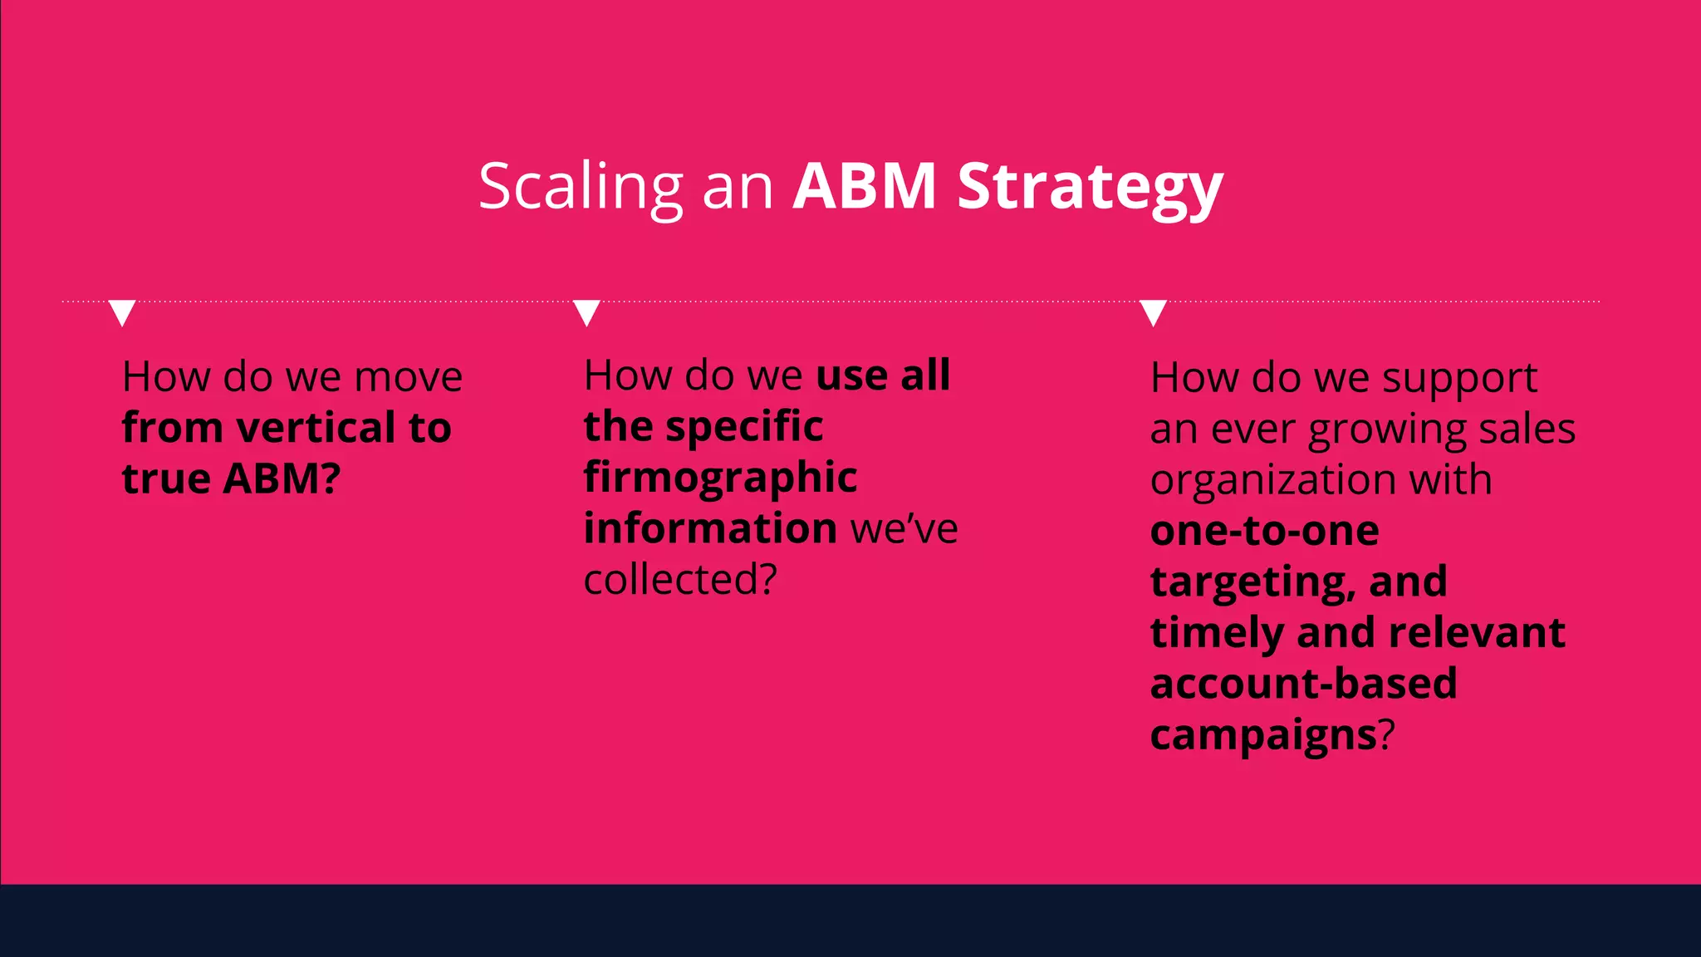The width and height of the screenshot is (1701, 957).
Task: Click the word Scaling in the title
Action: (581, 188)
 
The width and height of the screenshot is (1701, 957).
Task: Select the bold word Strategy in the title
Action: (1090, 188)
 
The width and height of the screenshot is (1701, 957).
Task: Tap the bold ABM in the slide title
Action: (865, 186)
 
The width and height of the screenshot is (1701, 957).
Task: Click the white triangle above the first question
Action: (122, 312)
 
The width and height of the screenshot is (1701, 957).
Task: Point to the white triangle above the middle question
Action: (586, 312)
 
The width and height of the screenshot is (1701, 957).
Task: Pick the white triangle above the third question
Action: (1153, 312)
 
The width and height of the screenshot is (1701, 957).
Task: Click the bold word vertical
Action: (316, 428)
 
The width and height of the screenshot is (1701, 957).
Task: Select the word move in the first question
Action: (408, 378)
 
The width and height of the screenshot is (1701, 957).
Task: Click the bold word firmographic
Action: (720, 478)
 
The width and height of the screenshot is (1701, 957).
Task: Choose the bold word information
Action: (710, 528)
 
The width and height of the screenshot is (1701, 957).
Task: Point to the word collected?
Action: (680, 580)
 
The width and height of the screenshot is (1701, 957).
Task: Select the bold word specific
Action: (744, 427)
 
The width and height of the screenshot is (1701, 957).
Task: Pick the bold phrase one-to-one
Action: (1264, 531)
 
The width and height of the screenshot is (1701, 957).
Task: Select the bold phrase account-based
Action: (1303, 684)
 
